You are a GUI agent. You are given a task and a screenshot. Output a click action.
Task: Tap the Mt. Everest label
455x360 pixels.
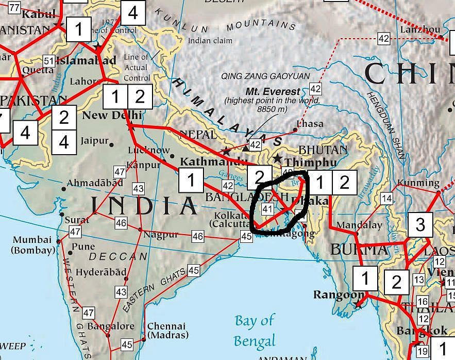(273, 91)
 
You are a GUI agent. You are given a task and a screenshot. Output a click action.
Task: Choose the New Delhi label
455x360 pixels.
(105, 114)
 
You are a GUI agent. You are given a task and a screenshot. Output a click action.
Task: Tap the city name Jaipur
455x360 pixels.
(94, 140)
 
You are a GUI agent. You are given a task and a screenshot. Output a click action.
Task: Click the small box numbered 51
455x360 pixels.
(48, 61)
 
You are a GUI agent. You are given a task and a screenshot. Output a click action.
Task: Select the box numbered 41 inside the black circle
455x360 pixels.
(267, 209)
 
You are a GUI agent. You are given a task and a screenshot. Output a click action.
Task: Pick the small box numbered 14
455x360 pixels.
(386, 198)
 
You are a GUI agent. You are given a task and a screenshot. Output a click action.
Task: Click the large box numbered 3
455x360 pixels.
(420, 225)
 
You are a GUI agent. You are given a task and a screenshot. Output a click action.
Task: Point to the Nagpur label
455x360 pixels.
(161, 234)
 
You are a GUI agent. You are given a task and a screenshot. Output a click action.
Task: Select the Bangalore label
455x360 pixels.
(110, 326)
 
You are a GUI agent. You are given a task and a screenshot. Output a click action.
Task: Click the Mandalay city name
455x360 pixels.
(359, 225)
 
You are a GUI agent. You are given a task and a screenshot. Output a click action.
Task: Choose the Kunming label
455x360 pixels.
(422, 183)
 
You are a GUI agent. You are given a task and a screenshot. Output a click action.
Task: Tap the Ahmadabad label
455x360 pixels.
(95, 183)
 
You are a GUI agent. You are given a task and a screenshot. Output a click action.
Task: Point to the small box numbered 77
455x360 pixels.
(14, 8)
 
